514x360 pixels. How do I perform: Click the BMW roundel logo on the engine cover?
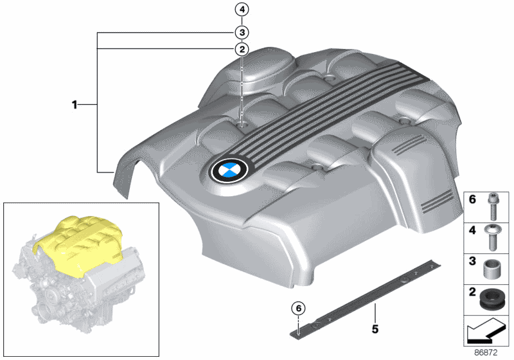point(229,172)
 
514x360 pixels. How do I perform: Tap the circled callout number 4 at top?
point(242,10)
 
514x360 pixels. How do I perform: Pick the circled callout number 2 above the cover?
point(242,49)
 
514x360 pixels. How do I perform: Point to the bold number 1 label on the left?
point(75,104)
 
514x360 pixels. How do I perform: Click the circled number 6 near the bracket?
point(298,308)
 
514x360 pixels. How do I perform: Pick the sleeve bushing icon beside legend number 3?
point(493,268)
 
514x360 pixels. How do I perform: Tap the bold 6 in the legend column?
point(472,201)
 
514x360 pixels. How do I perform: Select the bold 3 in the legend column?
point(472,262)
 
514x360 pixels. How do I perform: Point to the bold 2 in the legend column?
point(472,294)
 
